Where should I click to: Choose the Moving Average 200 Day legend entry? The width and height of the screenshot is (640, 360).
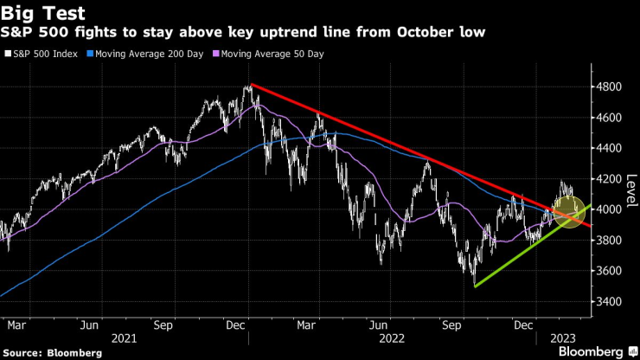(149, 54)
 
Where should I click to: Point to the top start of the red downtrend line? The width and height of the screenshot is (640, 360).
(250, 84)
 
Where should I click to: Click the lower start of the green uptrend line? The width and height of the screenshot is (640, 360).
(475, 286)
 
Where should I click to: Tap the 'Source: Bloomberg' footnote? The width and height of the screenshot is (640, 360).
(52, 352)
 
